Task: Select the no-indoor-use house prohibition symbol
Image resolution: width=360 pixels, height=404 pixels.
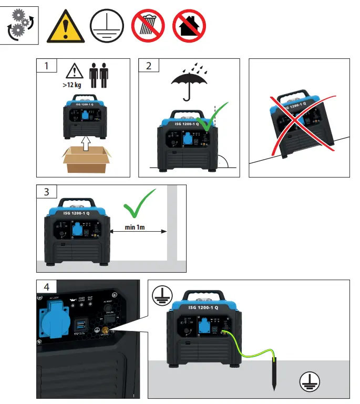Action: click(x=189, y=26)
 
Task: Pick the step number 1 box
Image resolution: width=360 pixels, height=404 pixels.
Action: click(x=47, y=66)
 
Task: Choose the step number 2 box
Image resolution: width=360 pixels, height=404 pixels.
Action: click(x=149, y=66)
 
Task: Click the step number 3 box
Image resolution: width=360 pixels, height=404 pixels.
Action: click(x=47, y=192)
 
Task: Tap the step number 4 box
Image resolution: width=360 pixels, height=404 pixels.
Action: click(x=47, y=287)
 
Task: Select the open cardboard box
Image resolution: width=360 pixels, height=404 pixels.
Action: click(x=87, y=158)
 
